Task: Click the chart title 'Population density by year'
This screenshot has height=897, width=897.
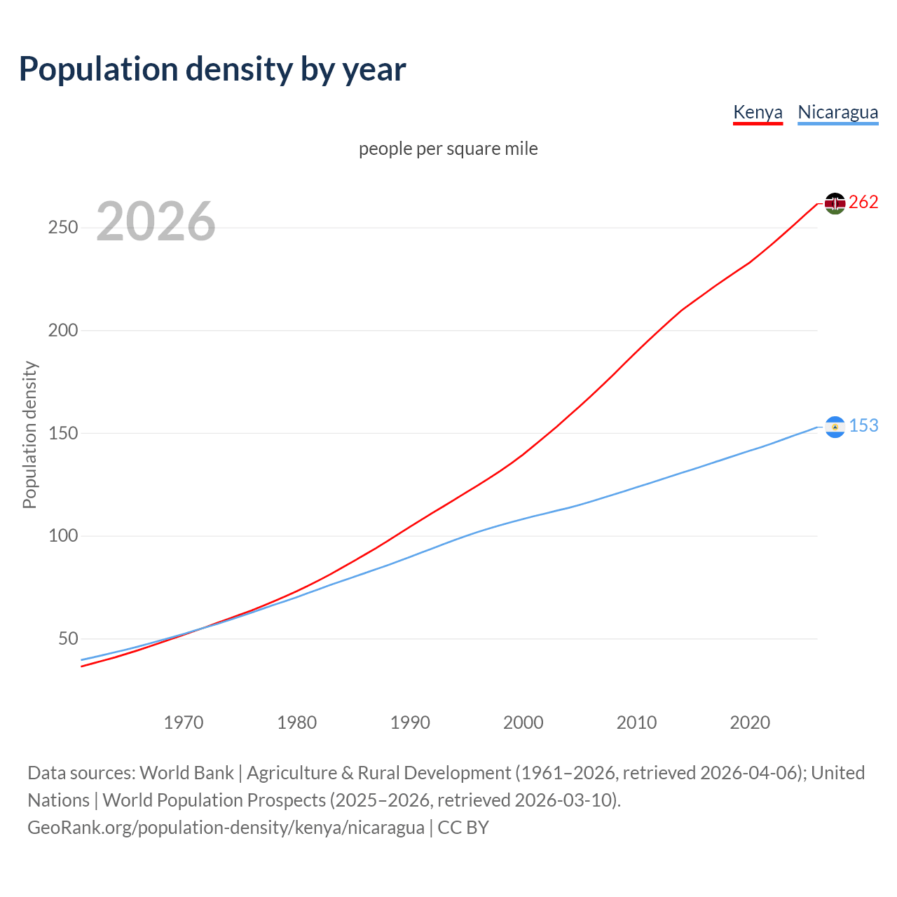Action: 212,69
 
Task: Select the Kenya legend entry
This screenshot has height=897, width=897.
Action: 758,112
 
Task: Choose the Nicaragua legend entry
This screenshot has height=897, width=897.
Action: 837,112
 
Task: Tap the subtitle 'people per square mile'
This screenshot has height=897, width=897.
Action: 448,149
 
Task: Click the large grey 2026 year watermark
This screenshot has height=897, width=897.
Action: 156,221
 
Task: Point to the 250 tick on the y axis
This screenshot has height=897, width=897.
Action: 62,228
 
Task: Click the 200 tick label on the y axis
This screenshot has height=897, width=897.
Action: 62,330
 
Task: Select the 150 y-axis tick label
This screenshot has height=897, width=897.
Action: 62,433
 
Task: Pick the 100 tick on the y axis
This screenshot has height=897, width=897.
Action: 62,536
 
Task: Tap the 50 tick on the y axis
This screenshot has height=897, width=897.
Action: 68,638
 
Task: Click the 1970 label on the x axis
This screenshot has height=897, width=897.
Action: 184,723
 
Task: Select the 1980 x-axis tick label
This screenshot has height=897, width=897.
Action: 297,723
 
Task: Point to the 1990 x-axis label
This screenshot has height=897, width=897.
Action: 410,723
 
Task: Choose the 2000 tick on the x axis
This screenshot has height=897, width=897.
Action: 523,723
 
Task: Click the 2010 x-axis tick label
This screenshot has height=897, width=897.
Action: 636,723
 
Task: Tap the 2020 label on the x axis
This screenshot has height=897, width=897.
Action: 750,723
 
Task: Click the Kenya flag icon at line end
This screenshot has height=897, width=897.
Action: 835,203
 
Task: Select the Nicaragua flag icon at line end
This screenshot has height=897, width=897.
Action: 835,427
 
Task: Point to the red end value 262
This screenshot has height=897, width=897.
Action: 863,203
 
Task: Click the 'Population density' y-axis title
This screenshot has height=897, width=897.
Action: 29,434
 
